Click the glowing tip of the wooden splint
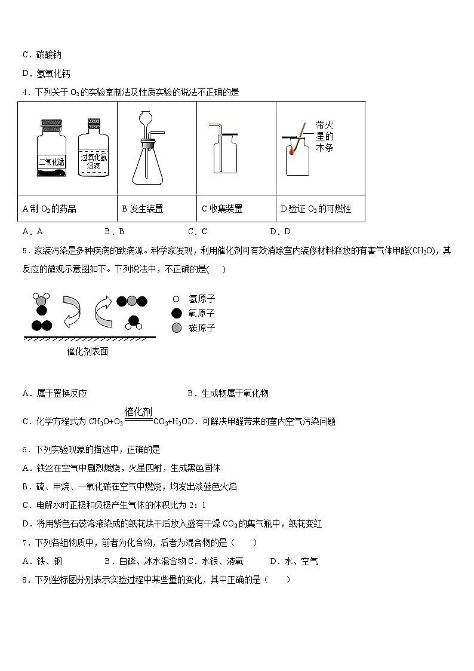pyautogui.click(x=291, y=152)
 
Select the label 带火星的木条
pyautogui.click(x=325, y=136)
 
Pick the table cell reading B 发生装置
pyautogui.click(x=143, y=209)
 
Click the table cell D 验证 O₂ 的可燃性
pyautogui.click(x=316, y=209)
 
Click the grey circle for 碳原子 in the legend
pyautogui.click(x=176, y=328)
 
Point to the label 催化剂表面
pyautogui.click(x=88, y=351)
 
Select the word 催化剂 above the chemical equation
pyautogui.click(x=138, y=411)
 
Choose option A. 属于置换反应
pyautogui.click(x=54, y=393)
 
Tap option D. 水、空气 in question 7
pyautogui.click(x=294, y=561)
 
